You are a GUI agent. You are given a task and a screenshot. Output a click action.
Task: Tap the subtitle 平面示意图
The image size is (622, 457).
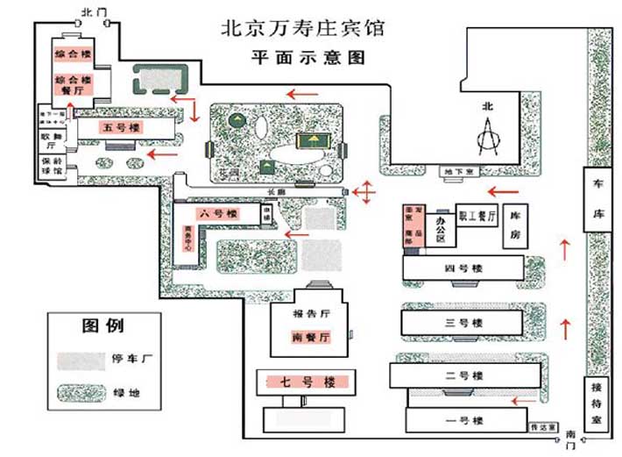coord(302,59)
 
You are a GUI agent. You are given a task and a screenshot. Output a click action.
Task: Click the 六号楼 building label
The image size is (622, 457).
coord(219,214)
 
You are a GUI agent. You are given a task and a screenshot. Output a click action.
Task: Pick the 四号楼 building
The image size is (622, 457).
coord(463,268)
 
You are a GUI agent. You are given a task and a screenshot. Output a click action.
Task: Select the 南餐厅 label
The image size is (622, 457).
coord(310,338)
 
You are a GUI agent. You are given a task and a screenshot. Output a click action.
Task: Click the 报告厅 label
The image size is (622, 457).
coord(310,314)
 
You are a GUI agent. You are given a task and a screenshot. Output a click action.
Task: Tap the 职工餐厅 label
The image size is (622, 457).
coord(478,214)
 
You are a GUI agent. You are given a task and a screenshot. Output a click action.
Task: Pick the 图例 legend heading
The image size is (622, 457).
coord(102,325)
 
